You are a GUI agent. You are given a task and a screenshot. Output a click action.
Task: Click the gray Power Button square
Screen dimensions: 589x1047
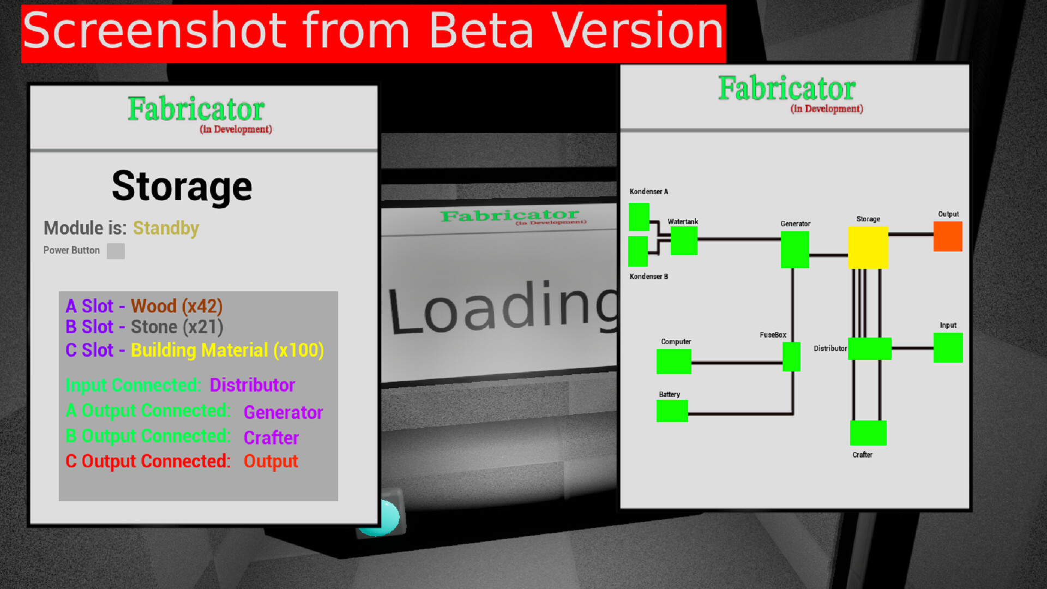(116, 251)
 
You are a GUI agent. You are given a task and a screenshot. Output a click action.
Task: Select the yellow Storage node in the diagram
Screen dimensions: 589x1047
(868, 248)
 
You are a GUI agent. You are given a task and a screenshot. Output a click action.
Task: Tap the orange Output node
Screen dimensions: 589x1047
(948, 236)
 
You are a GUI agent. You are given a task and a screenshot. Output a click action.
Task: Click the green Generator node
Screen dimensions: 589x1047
(795, 249)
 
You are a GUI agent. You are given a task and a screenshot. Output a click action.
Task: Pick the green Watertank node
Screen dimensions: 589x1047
(684, 241)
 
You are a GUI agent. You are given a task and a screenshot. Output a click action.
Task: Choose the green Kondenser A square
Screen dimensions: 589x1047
(639, 217)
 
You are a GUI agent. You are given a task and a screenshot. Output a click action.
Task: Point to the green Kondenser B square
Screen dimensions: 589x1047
(638, 251)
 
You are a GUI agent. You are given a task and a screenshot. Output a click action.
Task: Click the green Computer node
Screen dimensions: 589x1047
(673, 361)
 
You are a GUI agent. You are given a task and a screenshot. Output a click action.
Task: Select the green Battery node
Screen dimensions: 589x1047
(672, 411)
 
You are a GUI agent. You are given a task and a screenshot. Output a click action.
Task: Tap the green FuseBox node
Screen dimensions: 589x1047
(791, 357)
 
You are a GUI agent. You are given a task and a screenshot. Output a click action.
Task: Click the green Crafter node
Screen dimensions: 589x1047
(868, 432)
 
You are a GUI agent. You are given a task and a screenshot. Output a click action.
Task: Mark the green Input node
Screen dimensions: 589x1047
(948, 347)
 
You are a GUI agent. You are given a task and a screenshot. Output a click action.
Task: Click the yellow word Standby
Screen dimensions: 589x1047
(166, 228)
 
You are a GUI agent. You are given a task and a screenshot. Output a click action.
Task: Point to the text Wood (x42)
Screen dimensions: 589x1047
(177, 306)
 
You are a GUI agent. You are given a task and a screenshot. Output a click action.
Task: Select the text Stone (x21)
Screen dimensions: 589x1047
(177, 327)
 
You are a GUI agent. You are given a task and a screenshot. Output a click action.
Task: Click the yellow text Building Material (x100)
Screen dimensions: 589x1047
(227, 350)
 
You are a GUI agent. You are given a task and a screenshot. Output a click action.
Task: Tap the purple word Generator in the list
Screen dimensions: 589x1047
(283, 412)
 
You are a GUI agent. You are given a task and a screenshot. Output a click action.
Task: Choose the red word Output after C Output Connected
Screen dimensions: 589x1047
(270, 461)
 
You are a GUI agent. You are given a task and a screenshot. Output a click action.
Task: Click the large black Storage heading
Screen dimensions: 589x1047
(182, 187)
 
